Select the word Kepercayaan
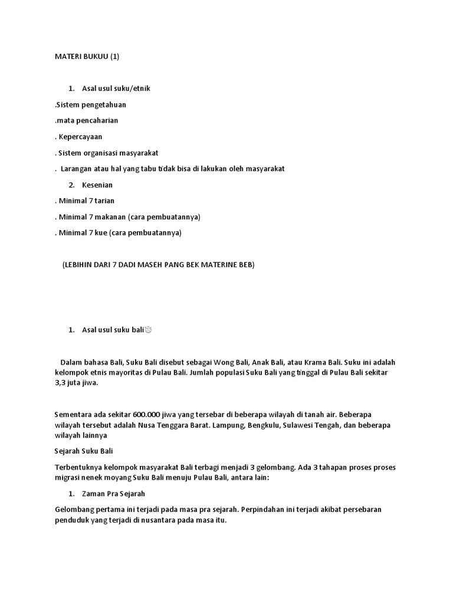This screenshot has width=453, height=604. pos(81,136)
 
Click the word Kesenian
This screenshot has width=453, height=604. pos(97,185)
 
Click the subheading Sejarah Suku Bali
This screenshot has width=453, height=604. pos(83,451)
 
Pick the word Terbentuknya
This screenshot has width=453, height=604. pos(77,467)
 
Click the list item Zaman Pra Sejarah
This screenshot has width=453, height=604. pos(113,493)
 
